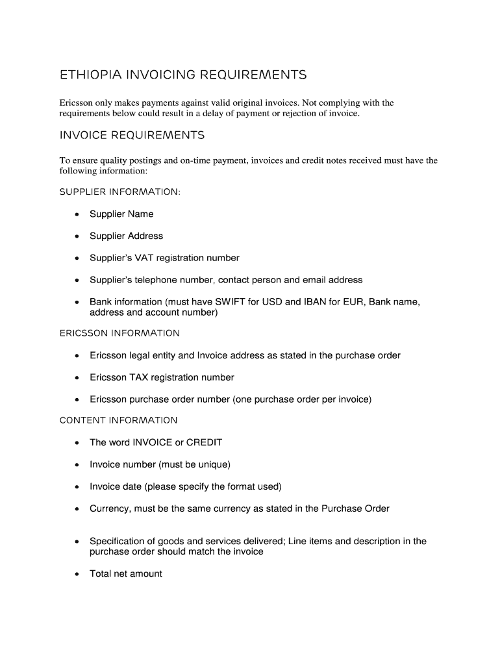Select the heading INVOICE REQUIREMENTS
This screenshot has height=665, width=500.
(132, 135)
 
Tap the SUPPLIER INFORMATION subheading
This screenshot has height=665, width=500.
(120, 192)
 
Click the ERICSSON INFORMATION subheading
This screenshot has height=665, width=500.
(119, 333)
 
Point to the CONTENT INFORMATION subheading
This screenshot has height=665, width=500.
(118, 420)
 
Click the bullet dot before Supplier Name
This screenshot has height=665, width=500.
(77, 214)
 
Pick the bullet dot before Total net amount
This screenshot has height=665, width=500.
(77, 574)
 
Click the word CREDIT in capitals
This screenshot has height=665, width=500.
(204, 442)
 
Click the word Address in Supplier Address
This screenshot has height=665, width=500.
(145, 236)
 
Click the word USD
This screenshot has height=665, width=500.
(275, 302)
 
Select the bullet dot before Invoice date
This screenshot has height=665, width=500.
(77, 487)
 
